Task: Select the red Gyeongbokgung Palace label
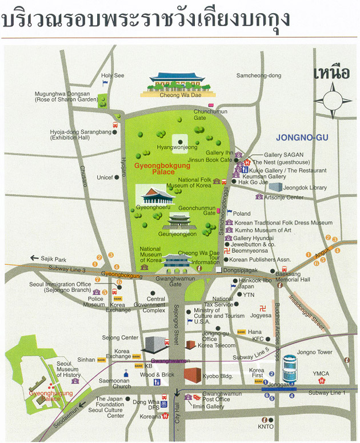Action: (x=153, y=168)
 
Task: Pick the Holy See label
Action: (x=113, y=75)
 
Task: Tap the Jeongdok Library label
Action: (x=305, y=187)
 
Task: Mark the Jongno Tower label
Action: (x=314, y=352)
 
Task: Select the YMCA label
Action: (x=321, y=374)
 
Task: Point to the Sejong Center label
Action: (x=121, y=338)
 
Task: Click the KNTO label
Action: (x=266, y=426)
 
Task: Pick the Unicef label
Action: (x=105, y=178)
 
